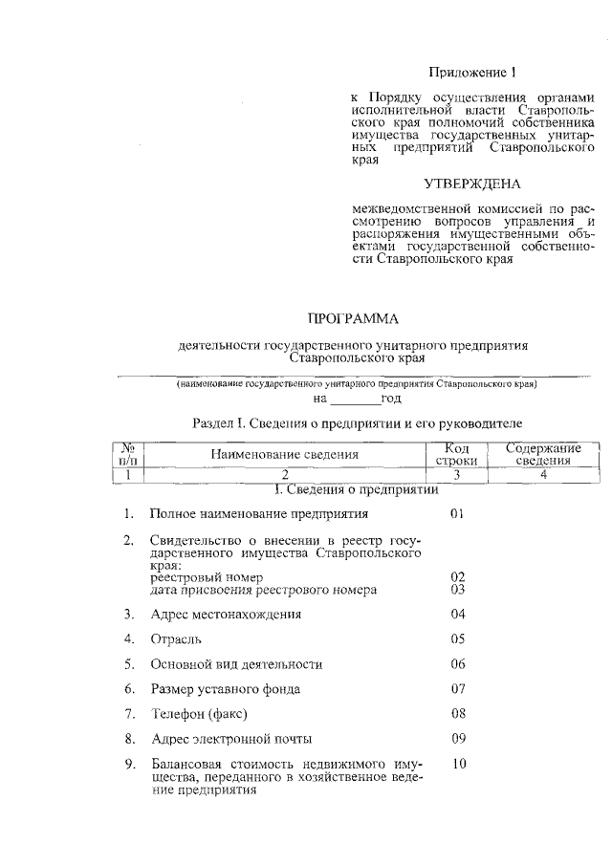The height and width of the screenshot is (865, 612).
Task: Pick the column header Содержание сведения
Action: tap(543, 454)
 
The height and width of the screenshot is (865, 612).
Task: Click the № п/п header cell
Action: tap(127, 454)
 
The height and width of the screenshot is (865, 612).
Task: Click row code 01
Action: tap(457, 514)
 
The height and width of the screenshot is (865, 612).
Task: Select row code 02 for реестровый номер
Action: tap(457, 577)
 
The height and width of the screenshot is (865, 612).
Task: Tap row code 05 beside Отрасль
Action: tap(457, 638)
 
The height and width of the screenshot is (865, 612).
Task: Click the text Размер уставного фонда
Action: tap(226, 688)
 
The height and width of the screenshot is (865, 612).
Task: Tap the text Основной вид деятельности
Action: tap(236, 663)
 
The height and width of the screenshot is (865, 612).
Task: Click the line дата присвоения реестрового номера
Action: tap(264, 590)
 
